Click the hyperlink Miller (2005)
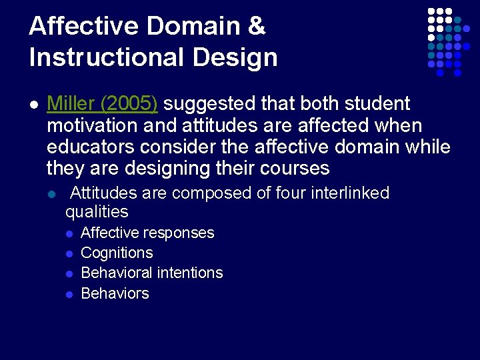[102, 104]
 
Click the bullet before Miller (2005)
[34, 105]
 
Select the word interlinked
[346, 193]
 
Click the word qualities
[97, 212]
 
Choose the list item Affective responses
[147, 233]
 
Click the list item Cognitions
[117, 253]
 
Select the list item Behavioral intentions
[151, 273]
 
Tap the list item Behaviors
[115, 293]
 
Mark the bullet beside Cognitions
[69, 254]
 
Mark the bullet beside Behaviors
[69, 294]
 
